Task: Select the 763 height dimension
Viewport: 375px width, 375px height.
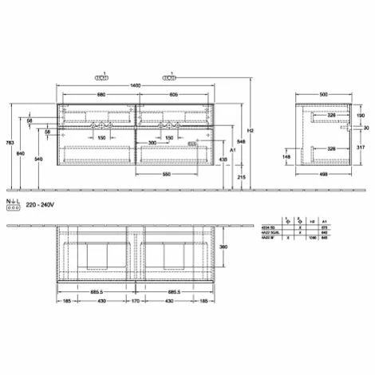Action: (x=8, y=143)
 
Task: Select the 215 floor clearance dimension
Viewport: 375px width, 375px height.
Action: (x=240, y=177)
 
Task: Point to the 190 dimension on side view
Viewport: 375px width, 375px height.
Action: (x=353, y=115)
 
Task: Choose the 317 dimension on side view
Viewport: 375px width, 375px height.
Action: (x=361, y=147)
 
